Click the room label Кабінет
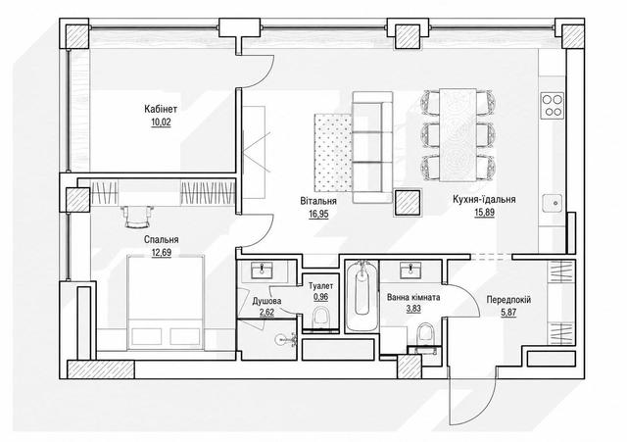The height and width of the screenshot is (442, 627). tap(161, 109)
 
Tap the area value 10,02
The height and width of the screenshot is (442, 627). tap(161, 122)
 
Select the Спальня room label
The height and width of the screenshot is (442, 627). tap(161, 239)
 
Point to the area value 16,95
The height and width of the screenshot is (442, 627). tap(318, 214)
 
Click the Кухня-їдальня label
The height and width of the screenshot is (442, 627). tap(484, 199)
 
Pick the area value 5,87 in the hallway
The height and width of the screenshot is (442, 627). tap(508, 312)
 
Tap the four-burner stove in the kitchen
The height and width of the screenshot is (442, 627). tap(553, 105)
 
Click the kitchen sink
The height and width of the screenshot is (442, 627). tap(553, 204)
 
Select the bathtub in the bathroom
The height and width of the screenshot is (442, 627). tap(362, 296)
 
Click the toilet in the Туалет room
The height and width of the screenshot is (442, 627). tap(320, 318)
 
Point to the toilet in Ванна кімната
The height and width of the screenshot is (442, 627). tap(424, 334)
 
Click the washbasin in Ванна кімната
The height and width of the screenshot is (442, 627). tap(411, 270)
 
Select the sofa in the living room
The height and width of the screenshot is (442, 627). tap(372, 147)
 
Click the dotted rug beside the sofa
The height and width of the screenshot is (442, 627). tap(333, 153)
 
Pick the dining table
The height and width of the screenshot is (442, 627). tap(458, 135)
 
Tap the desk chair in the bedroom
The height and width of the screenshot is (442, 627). tap(138, 218)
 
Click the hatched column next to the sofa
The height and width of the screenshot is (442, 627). tap(408, 203)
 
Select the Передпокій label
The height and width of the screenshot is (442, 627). tap(508, 300)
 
